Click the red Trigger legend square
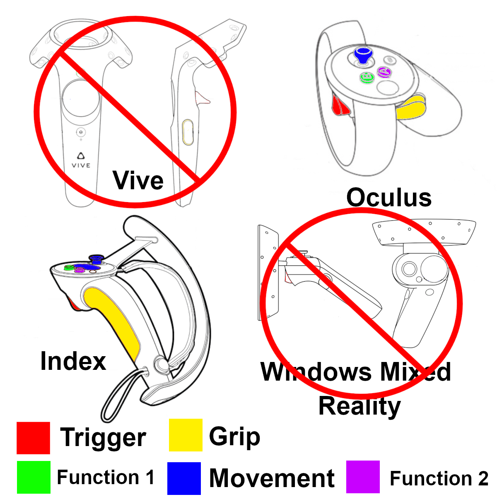pyautogui.click(x=33, y=438)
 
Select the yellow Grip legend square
pyautogui.click(x=186, y=435)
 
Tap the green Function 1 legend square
pyautogui.click(x=34, y=477)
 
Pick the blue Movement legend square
pyautogui.click(x=184, y=478)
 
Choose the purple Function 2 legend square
pyautogui.click(x=363, y=477)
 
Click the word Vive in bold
pyautogui.click(x=138, y=181)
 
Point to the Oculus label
pyautogui.click(x=389, y=198)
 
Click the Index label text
pyautogui.click(x=73, y=361)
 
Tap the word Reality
pyautogui.click(x=359, y=406)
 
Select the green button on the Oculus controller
pyautogui.click(x=367, y=77)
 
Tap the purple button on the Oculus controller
pyautogui.click(x=384, y=72)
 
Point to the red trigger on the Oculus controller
pyautogui.click(x=340, y=106)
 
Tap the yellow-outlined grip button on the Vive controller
pyautogui.click(x=188, y=132)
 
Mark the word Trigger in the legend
pyautogui.click(x=103, y=438)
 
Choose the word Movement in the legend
pyautogui.click(x=272, y=478)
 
